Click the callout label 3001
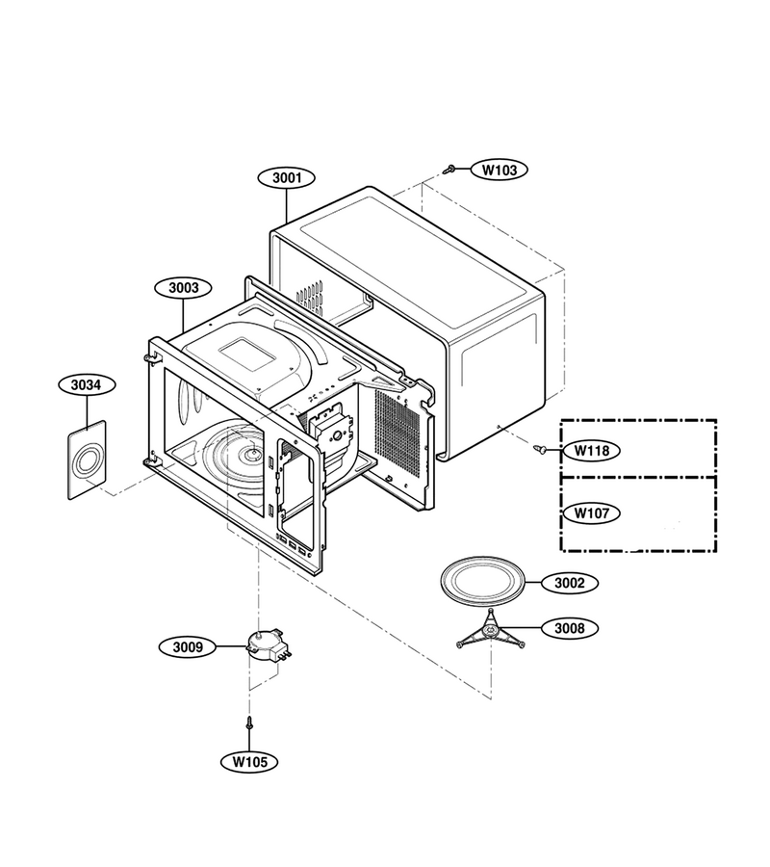coord(287,178)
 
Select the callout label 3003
coord(184,287)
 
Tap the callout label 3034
coord(87,384)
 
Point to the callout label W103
coord(499,170)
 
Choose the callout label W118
coord(591,451)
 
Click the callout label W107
coord(591,513)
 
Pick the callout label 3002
coord(569,583)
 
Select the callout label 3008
coord(569,628)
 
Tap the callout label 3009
coord(188,647)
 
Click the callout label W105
coord(249,761)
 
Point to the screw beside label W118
coord(540,450)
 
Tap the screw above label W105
coord(249,722)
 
